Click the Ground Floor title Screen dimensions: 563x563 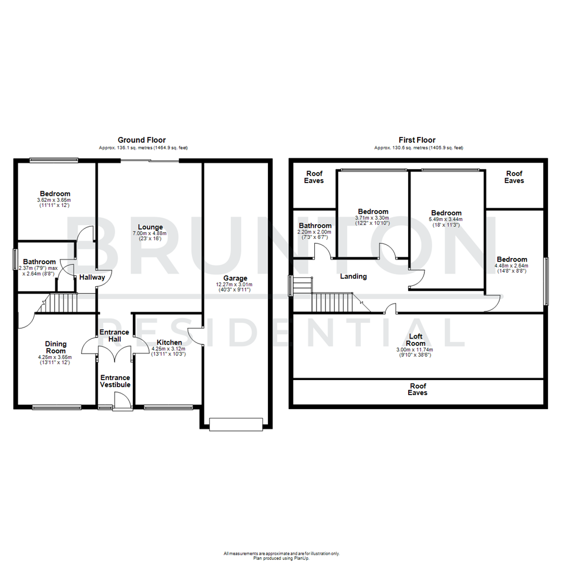(141, 140)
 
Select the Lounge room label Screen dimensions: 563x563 (151, 227)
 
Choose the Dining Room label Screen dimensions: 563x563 (55, 347)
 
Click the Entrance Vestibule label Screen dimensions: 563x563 (115, 381)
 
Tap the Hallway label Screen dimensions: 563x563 (92, 277)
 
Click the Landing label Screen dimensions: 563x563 (353, 276)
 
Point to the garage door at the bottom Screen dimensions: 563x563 (235, 424)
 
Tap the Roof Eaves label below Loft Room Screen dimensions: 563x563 (418, 389)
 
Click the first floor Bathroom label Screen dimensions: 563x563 (315, 225)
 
